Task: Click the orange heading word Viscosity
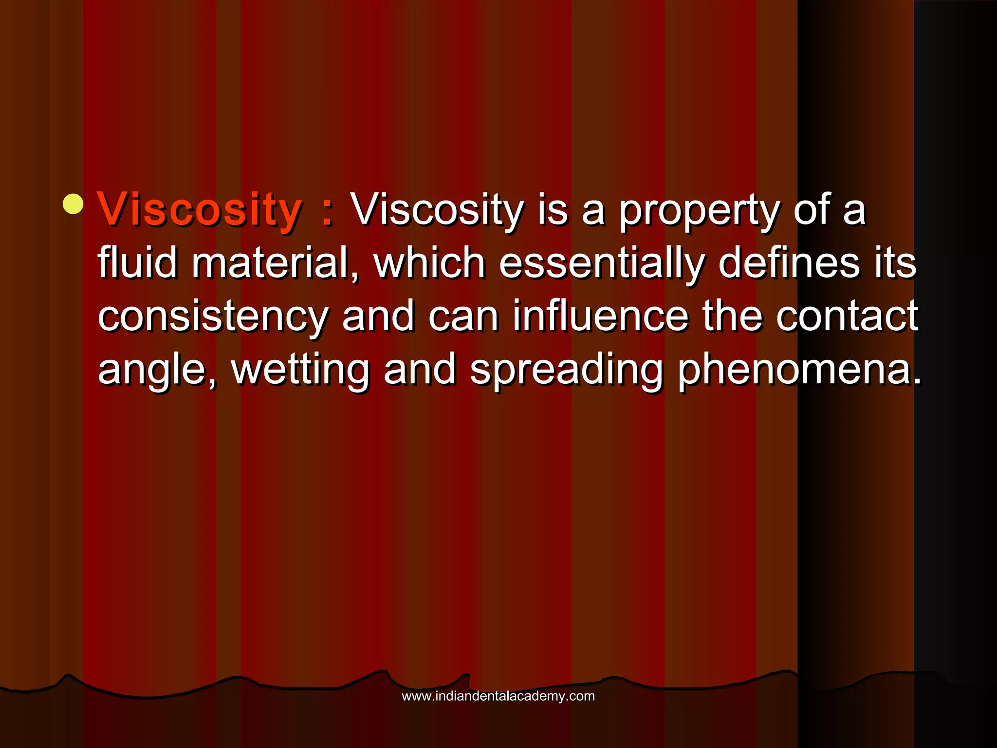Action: point(200,210)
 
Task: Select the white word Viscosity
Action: point(437,210)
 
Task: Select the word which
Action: point(429,263)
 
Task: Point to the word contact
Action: point(847,317)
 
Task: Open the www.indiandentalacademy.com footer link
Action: point(498,696)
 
